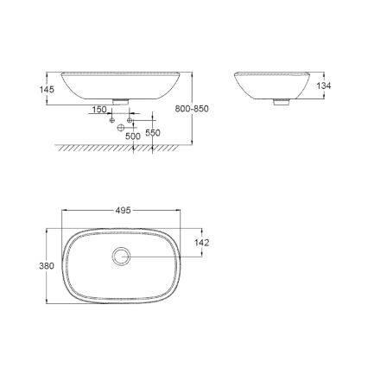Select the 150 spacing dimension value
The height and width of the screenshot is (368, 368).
(99, 111)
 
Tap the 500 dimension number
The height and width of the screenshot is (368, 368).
(133, 136)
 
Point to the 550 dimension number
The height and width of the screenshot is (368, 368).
(153, 132)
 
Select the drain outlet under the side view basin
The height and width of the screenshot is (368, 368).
(278, 103)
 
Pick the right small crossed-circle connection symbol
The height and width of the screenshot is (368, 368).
(131, 119)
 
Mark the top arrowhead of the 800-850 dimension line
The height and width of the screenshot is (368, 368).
(192, 73)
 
